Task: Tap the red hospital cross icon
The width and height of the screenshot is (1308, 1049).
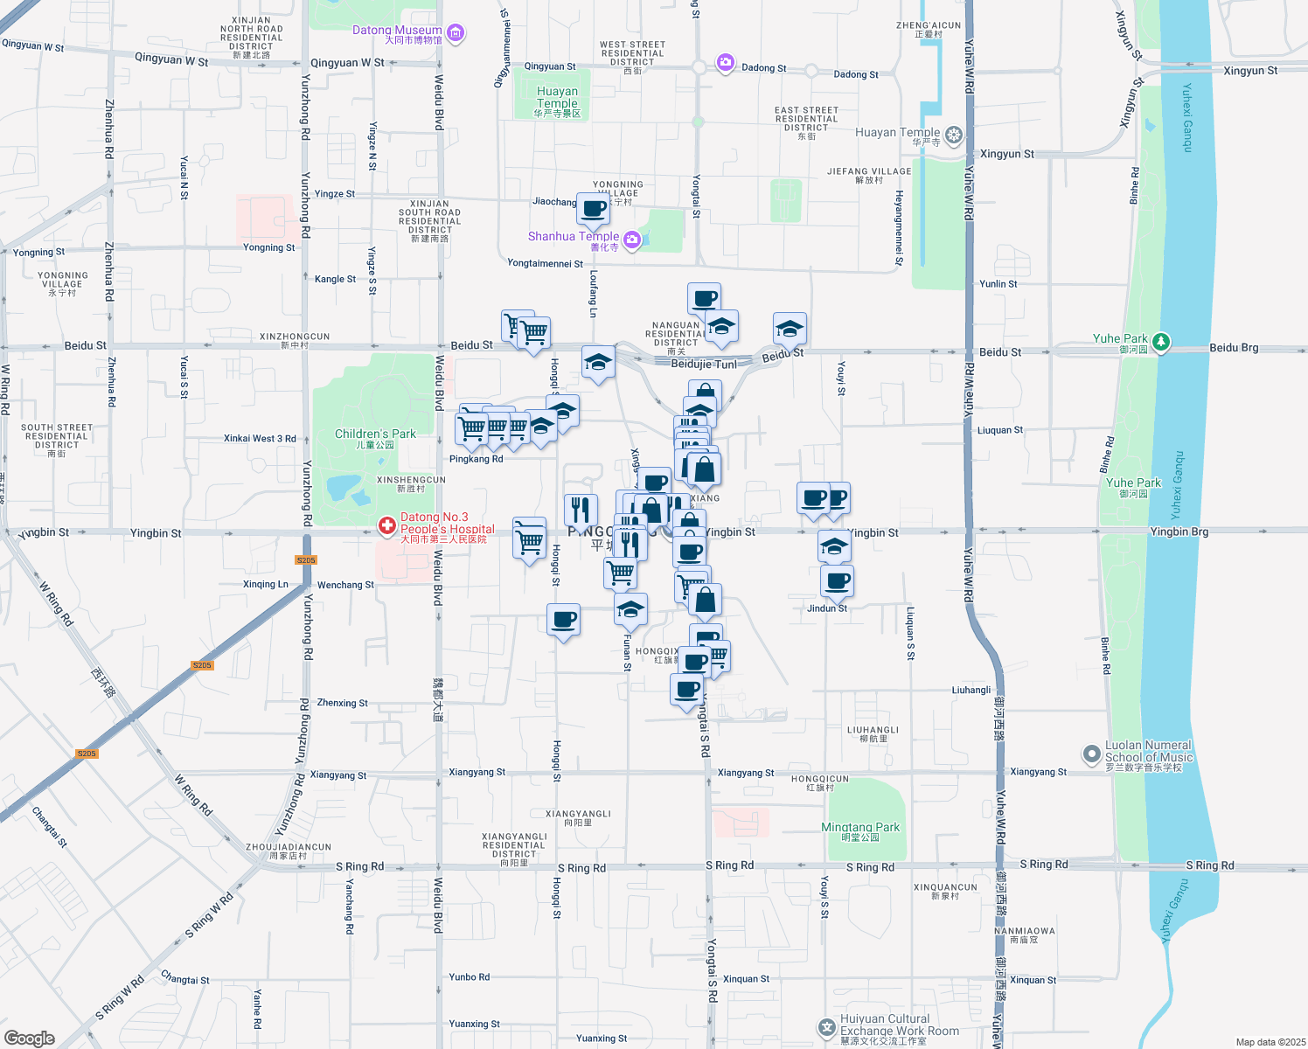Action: pos(386,526)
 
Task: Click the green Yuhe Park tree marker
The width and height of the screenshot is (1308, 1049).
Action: pos(1160,341)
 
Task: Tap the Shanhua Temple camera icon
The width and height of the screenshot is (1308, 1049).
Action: pos(632,240)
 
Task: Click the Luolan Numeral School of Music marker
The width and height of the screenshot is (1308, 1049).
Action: pos(1091,754)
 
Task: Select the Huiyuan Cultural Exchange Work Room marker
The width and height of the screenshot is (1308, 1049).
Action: pos(826,1028)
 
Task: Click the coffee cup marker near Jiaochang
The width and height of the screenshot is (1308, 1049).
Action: pos(593,210)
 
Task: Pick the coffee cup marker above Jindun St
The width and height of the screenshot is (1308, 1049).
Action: pos(837,580)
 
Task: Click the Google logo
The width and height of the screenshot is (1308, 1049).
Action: pos(29,1039)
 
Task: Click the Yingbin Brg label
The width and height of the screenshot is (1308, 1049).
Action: pos(1179,531)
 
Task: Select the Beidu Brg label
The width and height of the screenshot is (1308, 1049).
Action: pos(1234,348)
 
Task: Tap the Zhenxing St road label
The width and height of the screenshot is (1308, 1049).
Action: pos(342,703)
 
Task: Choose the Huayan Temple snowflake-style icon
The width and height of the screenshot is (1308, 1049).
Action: pos(953,135)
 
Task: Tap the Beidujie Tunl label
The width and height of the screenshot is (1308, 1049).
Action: pos(703,365)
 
